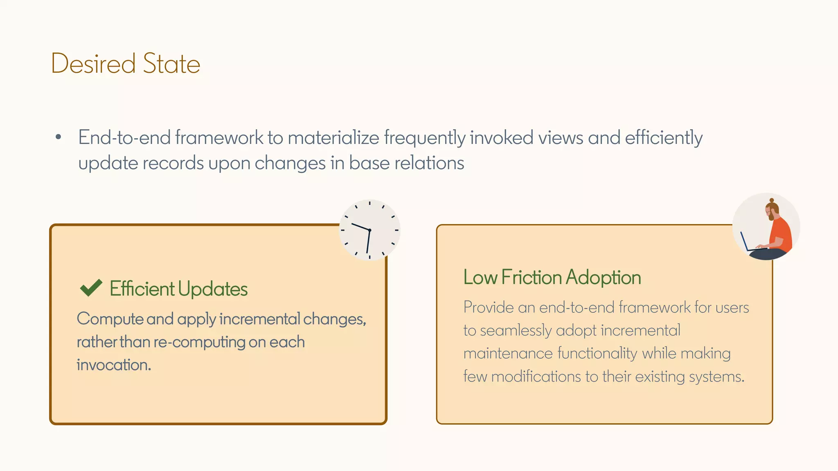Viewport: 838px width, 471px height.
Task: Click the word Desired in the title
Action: click(93, 64)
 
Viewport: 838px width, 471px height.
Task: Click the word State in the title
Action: click(171, 64)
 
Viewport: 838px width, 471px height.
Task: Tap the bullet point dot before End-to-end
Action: click(58, 137)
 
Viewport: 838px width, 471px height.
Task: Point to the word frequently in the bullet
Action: click(424, 138)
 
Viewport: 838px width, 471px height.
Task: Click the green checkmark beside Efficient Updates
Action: click(91, 288)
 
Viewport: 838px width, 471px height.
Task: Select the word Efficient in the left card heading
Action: click(142, 289)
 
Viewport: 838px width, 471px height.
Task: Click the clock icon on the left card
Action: click(369, 230)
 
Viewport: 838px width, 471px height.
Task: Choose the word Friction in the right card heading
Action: click(531, 277)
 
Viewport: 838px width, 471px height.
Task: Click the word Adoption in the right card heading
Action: click(603, 278)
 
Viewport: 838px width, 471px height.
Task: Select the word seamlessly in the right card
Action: click(516, 330)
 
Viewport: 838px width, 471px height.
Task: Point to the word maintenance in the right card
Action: click(508, 353)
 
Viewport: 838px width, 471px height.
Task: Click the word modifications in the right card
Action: click(536, 376)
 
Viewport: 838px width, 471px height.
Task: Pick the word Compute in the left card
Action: click(110, 319)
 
